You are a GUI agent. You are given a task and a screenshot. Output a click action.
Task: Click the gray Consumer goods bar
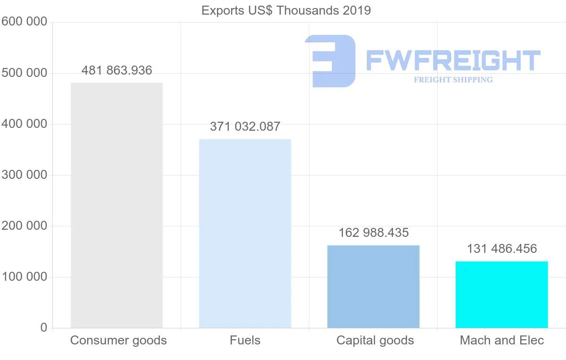pyautogui.click(x=117, y=205)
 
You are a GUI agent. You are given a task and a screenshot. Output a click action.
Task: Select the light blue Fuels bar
pyautogui.click(x=245, y=234)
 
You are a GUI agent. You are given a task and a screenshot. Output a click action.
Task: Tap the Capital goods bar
pyautogui.click(x=373, y=286)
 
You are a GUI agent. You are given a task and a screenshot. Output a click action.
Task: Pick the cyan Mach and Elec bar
pyautogui.click(x=501, y=294)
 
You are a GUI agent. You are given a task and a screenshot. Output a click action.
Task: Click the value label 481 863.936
pyautogui.click(x=117, y=71)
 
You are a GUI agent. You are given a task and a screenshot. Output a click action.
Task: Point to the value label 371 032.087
pyautogui.click(x=245, y=126)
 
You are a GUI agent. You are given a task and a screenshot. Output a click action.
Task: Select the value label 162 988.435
pyautogui.click(x=374, y=233)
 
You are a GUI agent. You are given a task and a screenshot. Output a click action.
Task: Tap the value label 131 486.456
pyautogui.click(x=502, y=249)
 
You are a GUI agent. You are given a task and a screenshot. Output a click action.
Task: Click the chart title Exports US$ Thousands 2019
pyautogui.click(x=286, y=10)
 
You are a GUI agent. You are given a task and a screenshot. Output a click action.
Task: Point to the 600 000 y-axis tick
pyautogui.click(x=24, y=22)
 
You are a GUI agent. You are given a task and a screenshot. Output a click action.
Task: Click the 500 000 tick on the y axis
pyautogui.click(x=24, y=73)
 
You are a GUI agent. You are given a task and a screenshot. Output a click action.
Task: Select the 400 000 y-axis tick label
pyautogui.click(x=24, y=124)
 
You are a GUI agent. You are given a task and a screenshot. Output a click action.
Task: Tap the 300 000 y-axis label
pyautogui.click(x=24, y=175)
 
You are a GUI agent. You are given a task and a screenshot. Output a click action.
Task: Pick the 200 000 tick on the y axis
pyautogui.click(x=24, y=226)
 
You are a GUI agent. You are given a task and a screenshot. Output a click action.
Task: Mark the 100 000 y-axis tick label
pyautogui.click(x=24, y=277)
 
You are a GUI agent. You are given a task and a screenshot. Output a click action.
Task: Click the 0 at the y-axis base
pyautogui.click(x=44, y=327)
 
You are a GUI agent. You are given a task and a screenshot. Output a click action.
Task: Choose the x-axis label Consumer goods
pyautogui.click(x=118, y=340)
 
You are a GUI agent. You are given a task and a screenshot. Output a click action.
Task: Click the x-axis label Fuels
pyautogui.click(x=245, y=340)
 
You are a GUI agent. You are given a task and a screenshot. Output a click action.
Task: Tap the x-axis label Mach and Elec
pyautogui.click(x=502, y=340)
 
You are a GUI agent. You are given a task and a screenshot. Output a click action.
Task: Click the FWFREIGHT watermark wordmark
pyautogui.click(x=453, y=60)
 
